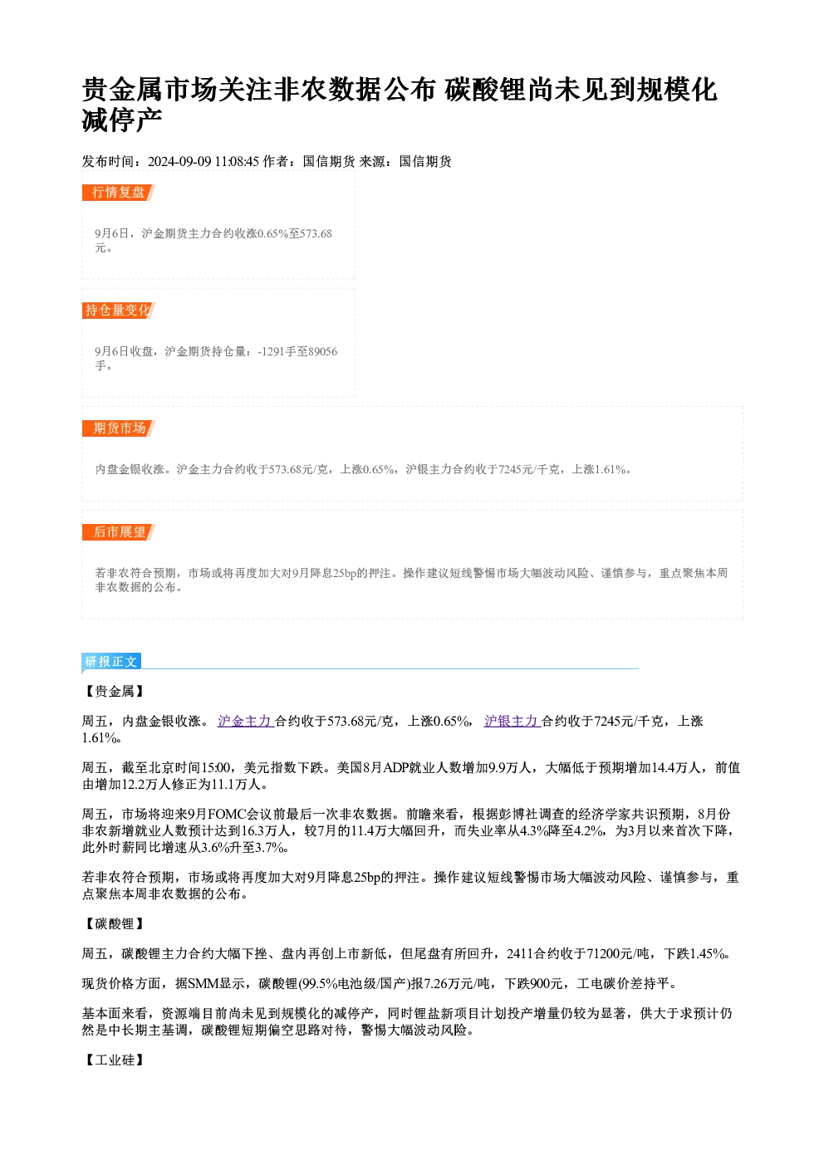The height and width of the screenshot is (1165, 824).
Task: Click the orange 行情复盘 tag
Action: (119, 193)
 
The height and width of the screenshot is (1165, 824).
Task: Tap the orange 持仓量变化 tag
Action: (119, 311)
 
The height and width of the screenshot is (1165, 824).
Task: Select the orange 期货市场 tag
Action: (119, 428)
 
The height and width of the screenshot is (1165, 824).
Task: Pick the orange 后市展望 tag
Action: (119, 532)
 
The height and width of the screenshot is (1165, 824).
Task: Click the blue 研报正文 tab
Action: (111, 661)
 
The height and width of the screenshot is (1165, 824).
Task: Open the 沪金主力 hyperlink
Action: (246, 721)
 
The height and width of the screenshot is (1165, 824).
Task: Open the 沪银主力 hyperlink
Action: (513, 721)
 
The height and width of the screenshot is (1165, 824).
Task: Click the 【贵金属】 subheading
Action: (115, 691)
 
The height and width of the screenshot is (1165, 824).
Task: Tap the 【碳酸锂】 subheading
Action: (115, 923)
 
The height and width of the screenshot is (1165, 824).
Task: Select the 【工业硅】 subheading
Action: (115, 1060)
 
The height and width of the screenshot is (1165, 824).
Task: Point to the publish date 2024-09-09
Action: (179, 162)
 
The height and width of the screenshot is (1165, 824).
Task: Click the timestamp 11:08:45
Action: (237, 162)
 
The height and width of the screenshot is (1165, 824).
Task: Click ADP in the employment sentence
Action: (396, 767)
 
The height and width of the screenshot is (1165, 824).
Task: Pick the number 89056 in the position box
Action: (322, 351)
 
